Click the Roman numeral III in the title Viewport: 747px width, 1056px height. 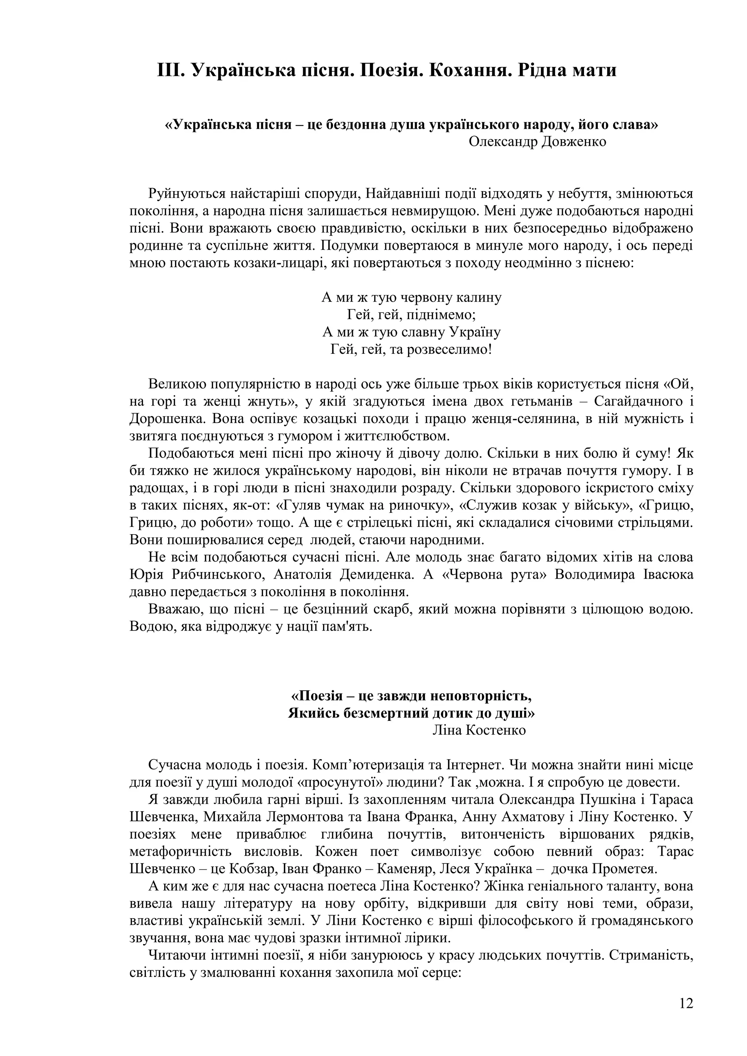[x=170, y=70]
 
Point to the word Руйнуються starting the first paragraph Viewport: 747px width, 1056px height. [x=187, y=194]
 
